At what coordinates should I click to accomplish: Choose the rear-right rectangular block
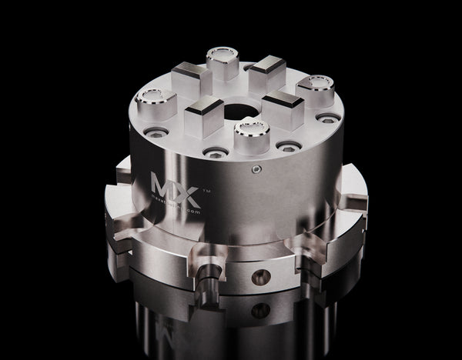267,71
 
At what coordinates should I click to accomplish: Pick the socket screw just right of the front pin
288,146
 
